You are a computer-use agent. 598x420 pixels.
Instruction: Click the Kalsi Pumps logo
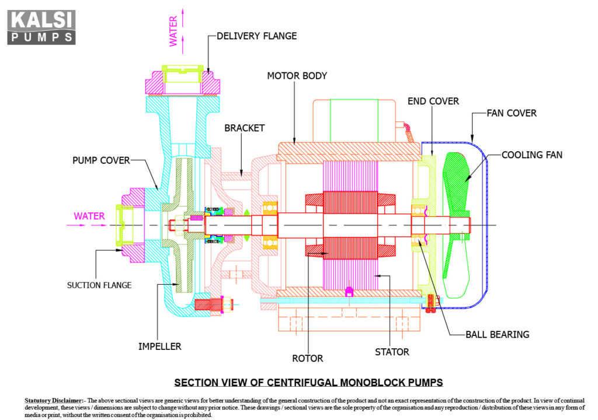(x=41, y=27)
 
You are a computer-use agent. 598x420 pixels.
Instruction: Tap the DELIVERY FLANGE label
(x=256, y=36)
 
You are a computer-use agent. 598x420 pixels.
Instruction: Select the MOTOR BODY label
(x=297, y=76)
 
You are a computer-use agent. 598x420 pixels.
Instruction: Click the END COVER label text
(x=433, y=101)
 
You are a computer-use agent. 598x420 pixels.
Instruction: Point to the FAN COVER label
(x=512, y=113)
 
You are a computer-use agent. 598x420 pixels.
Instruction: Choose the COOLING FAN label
(x=532, y=155)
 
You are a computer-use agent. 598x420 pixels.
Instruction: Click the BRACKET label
(x=244, y=128)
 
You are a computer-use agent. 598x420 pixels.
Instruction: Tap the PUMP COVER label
(x=101, y=160)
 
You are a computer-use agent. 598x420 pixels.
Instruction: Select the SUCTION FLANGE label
(x=99, y=285)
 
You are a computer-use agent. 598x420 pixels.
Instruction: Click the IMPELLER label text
(x=159, y=346)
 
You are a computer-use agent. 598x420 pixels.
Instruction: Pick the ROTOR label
(x=308, y=358)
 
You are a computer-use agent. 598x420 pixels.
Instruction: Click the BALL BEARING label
(x=497, y=335)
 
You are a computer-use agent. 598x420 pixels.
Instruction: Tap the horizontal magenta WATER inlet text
(x=89, y=216)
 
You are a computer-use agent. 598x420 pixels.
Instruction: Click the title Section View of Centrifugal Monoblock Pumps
(x=308, y=383)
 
